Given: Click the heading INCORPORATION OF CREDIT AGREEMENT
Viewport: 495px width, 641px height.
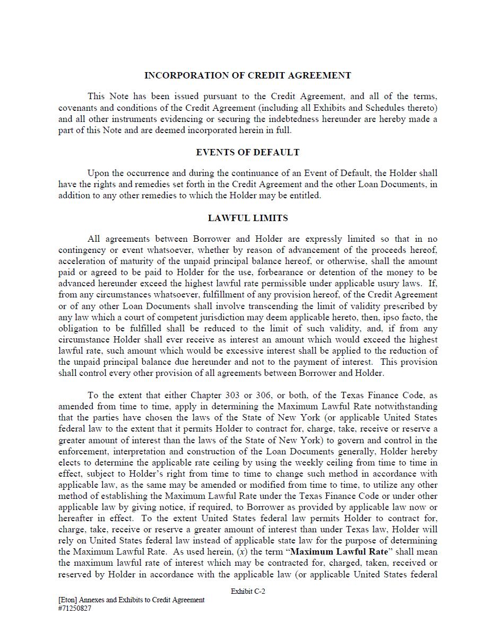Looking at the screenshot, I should coord(247,75).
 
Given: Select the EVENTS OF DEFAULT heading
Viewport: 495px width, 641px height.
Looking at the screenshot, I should coord(247,152).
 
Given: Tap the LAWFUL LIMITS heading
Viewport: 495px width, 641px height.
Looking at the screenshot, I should coord(247,218).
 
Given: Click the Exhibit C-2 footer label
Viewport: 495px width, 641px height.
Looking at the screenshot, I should coord(248,591).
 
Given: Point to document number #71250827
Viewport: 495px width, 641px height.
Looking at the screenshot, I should coord(75,608).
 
